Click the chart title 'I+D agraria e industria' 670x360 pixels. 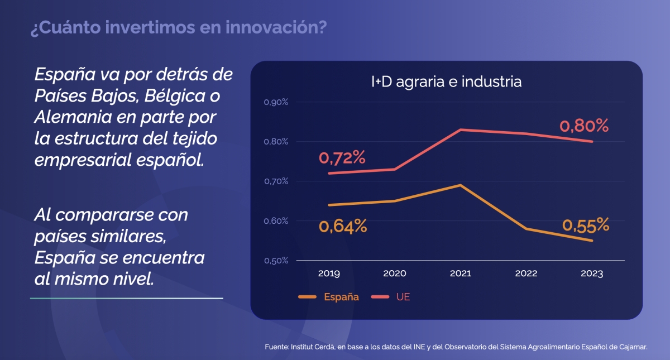pos(446,82)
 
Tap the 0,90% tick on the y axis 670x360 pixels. pos(276,102)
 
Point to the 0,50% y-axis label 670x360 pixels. pos(276,261)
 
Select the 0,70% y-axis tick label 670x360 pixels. pos(276,181)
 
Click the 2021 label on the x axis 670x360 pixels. pos(461,274)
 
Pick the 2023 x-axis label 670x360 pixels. pos(592,274)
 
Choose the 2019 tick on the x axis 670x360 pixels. pos(329,274)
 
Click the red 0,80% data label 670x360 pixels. pos(583,126)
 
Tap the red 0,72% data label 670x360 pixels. pos(342,158)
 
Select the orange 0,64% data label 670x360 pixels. pos(342,227)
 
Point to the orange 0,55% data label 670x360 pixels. pos(585,225)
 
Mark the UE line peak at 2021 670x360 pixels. pos(461,129)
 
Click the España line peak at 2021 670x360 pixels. pos(461,185)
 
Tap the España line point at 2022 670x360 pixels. pos(526,228)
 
